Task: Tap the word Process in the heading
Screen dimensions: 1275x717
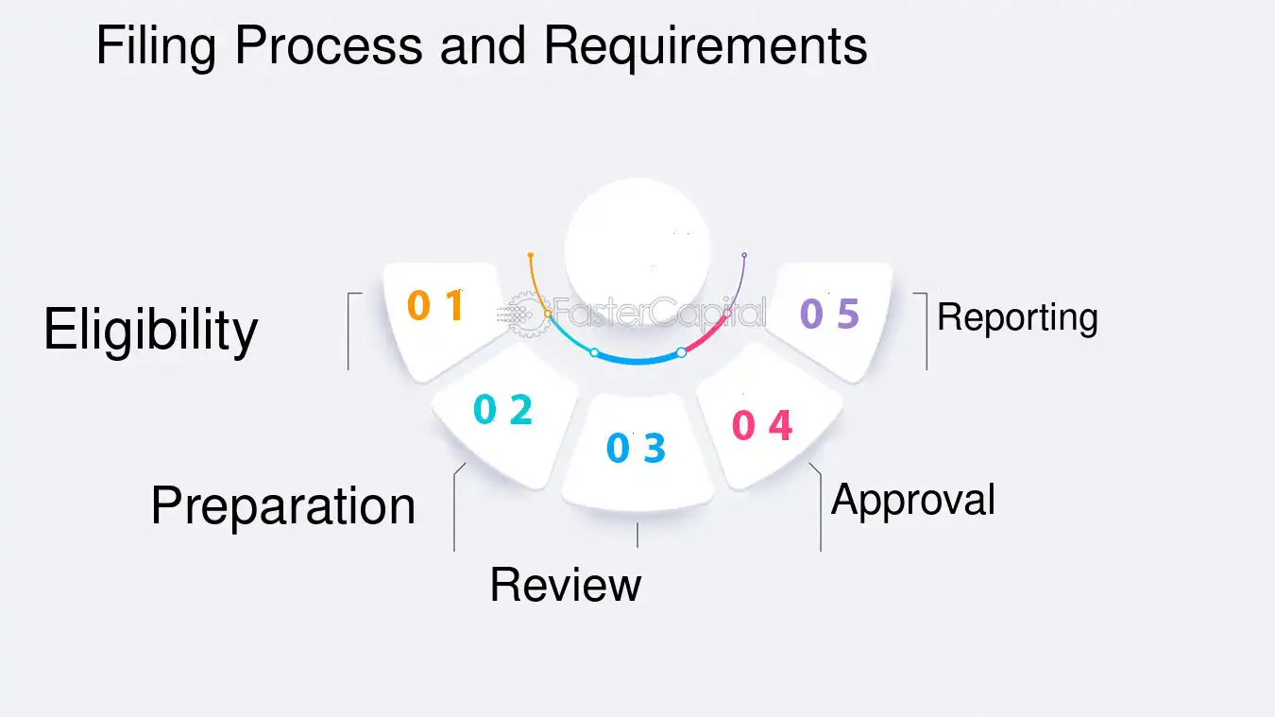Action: (x=329, y=45)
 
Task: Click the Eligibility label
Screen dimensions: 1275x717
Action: (x=150, y=332)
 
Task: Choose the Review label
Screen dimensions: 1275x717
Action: (x=565, y=585)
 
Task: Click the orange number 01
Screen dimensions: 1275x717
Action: (x=436, y=305)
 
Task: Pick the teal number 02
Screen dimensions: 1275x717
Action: (x=502, y=409)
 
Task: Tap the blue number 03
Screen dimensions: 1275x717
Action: (x=636, y=447)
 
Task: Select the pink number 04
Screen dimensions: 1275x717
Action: (x=761, y=425)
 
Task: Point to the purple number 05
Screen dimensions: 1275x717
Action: (x=829, y=314)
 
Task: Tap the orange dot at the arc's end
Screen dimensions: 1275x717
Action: (x=531, y=255)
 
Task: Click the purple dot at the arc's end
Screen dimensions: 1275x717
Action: (x=744, y=255)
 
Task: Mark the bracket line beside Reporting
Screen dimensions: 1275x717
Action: (x=926, y=331)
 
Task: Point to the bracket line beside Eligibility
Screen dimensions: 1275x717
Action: (x=348, y=331)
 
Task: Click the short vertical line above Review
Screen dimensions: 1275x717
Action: (x=637, y=536)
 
